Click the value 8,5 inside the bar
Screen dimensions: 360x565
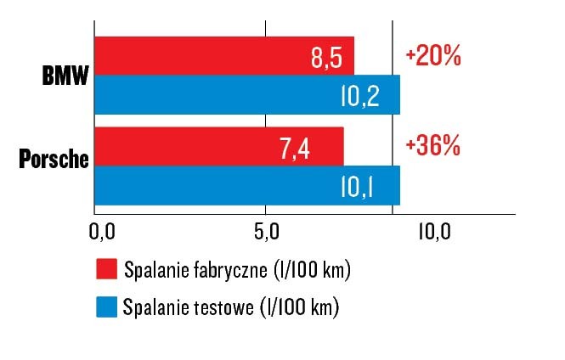329,59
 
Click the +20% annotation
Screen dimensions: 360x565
433,57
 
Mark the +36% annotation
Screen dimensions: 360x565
433,146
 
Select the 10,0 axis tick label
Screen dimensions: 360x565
433,229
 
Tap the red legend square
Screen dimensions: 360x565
105,271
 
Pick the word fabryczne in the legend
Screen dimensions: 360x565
227,271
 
